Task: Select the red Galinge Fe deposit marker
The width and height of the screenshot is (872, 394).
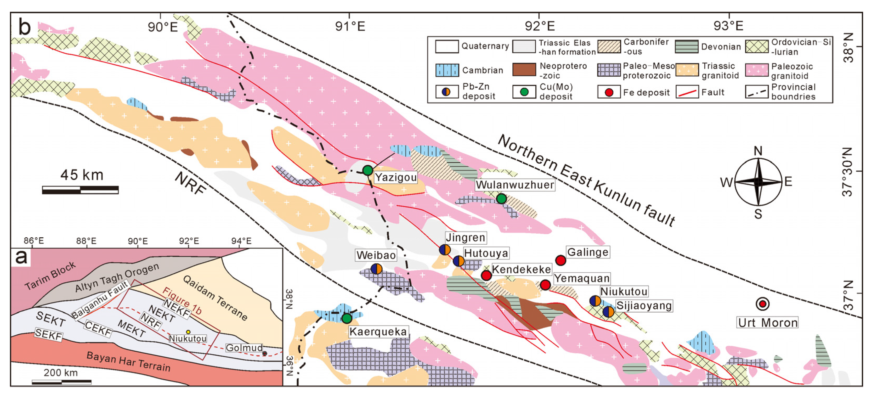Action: pos(560,260)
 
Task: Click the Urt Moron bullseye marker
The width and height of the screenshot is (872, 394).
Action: pos(762,304)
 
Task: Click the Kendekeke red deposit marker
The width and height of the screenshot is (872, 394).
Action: pos(486,275)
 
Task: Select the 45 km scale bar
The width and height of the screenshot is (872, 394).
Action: pos(80,190)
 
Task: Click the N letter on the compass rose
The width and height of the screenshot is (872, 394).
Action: pos(758,151)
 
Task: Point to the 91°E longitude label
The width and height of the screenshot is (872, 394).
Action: pos(350,26)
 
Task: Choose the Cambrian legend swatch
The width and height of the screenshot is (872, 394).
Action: pos(447,70)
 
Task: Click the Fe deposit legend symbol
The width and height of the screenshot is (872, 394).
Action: pos(609,92)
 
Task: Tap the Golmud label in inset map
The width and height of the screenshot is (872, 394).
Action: pos(244,348)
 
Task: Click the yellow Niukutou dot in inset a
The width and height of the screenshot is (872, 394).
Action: pos(188,332)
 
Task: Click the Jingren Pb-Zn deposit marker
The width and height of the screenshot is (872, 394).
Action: pos(445,250)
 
